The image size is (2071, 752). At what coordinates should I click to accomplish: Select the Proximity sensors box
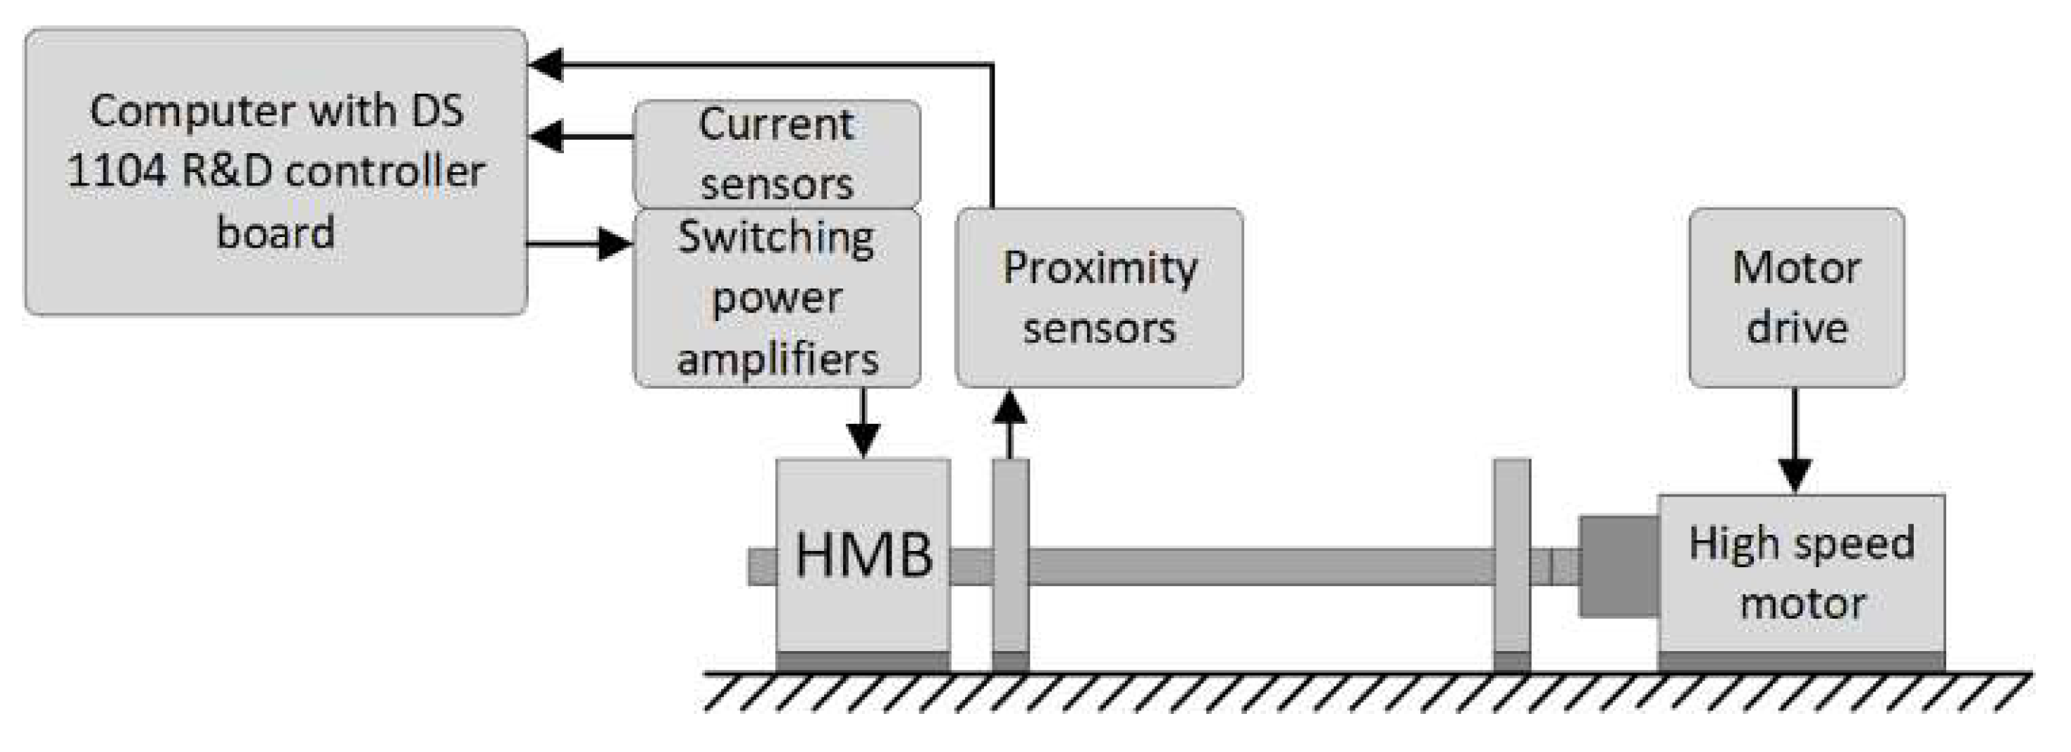click(1099, 298)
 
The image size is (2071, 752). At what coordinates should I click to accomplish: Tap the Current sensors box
click(777, 154)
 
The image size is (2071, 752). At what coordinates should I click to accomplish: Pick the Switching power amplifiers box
click(777, 298)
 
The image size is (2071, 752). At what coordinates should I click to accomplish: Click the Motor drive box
click(1796, 298)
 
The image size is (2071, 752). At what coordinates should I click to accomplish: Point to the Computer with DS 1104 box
click(276, 171)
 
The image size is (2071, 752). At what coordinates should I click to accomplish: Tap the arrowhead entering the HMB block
click(863, 441)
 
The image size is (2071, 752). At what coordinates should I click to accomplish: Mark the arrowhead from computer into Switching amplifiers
click(615, 242)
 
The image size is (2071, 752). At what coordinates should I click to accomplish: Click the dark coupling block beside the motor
click(1618, 566)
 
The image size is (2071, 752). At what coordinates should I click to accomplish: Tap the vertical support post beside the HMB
click(1011, 563)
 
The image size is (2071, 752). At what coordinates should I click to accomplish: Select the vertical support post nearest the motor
click(1511, 563)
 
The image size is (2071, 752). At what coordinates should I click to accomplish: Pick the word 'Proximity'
click(1099, 268)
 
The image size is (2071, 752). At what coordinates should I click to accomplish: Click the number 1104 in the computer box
click(118, 171)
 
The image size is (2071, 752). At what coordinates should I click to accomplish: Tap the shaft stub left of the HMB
click(762, 566)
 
